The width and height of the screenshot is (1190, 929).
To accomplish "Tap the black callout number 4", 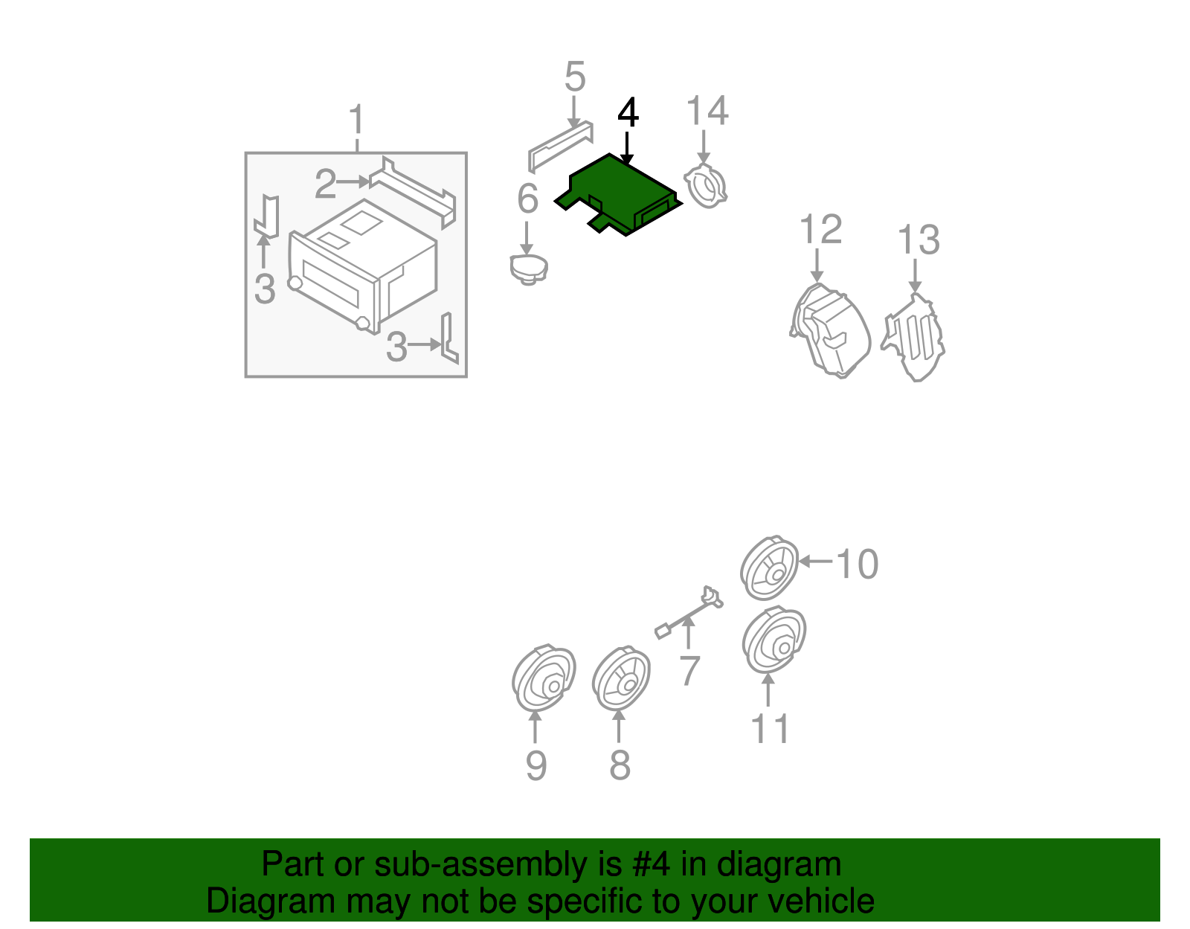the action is tap(628, 113).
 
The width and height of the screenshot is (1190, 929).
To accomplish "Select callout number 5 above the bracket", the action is tap(575, 76).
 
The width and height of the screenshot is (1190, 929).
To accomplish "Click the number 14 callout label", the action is tap(707, 111).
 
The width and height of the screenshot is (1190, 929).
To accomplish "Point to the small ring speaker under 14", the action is tap(705, 186).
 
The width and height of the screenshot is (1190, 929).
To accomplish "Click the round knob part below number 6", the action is tap(529, 269).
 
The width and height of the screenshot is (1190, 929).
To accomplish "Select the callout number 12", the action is tap(820, 229).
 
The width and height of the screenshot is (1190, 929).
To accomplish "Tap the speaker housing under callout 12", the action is tap(830, 331).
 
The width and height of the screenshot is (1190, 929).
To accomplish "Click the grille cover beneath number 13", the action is tap(913, 338).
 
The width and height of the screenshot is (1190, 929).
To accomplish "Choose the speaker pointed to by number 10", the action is tap(769, 568).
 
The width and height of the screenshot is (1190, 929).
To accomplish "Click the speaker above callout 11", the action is tap(773, 640).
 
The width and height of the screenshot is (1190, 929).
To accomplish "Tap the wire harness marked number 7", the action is tap(689, 613).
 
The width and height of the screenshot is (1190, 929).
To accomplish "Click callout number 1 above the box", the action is tap(356, 119).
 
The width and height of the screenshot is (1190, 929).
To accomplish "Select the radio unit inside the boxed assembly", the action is tap(362, 266).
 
